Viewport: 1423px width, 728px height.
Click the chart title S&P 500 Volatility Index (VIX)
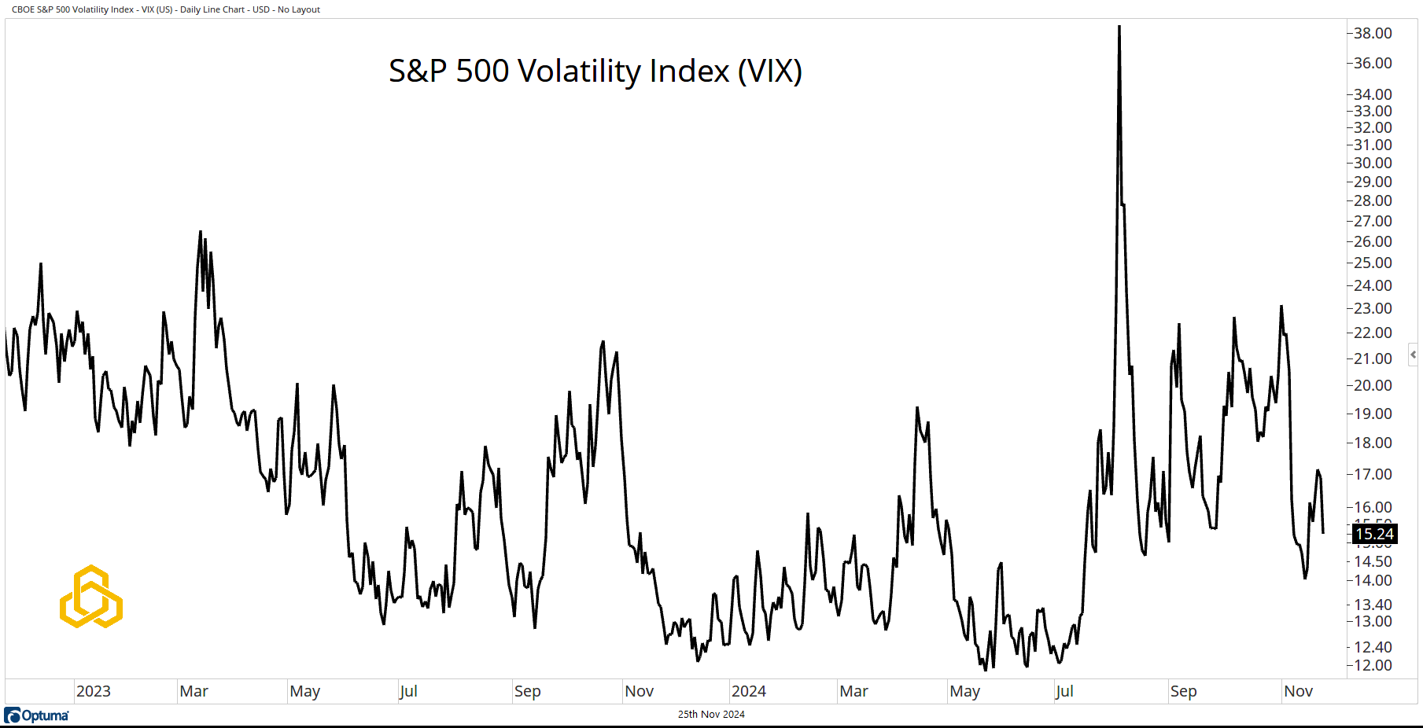tap(595, 71)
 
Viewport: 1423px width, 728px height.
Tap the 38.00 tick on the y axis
tap(1372, 33)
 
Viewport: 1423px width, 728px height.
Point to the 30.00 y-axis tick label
tap(1372, 163)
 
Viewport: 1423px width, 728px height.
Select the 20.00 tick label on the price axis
tap(1372, 385)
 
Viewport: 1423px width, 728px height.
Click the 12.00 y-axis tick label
tap(1372, 665)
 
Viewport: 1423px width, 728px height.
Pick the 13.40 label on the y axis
tap(1372, 605)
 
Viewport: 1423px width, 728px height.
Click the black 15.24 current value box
tap(1374, 535)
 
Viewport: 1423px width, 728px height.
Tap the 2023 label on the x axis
tap(93, 691)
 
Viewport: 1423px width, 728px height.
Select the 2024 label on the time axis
tap(748, 691)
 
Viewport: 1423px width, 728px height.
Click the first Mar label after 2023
tap(194, 691)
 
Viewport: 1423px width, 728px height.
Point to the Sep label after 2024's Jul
tap(1183, 691)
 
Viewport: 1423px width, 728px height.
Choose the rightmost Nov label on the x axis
tap(1298, 691)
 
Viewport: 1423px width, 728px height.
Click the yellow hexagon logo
tap(91, 597)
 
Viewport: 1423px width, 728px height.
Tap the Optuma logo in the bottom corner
tap(37, 715)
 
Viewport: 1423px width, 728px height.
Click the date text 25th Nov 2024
tap(711, 715)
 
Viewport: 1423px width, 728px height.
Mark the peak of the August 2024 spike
tap(1119, 28)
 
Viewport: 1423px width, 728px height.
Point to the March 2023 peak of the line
tap(201, 232)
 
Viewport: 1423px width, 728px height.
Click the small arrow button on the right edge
tap(1413, 355)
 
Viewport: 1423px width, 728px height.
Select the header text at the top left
tap(166, 9)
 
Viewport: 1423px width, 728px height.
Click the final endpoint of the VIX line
tap(1323, 533)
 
